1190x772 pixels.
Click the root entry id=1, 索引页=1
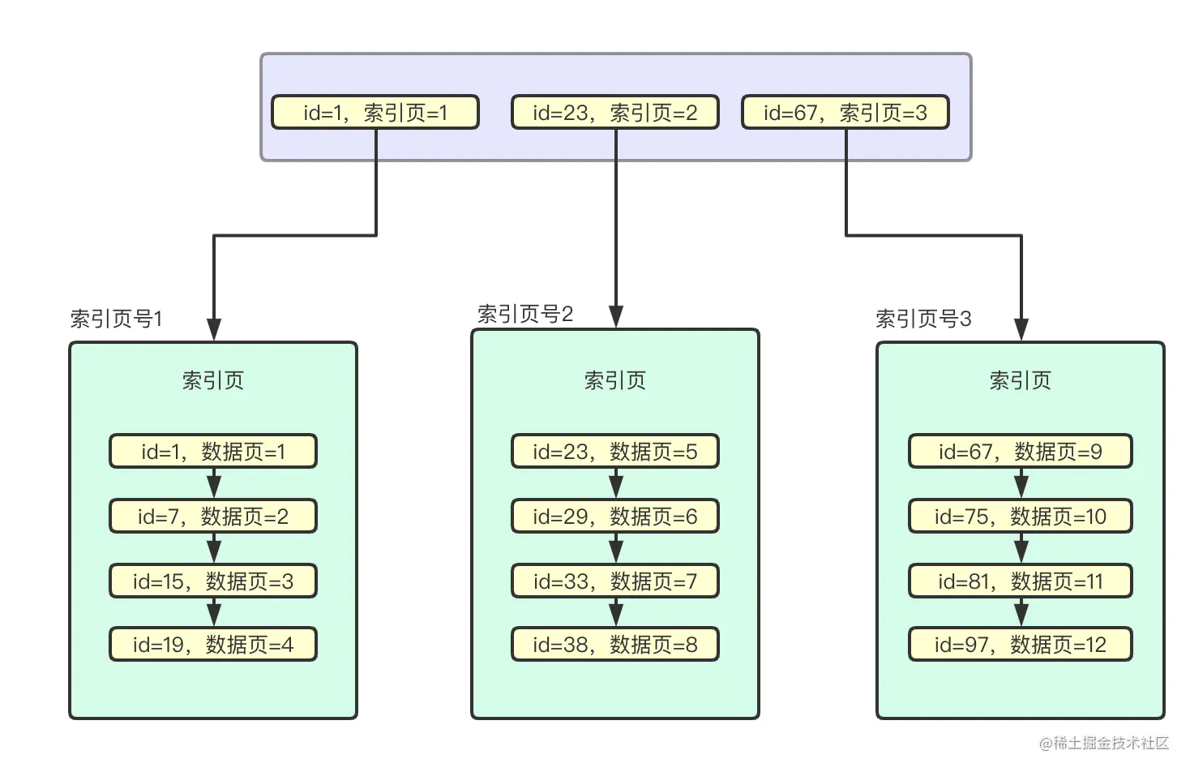coord(375,113)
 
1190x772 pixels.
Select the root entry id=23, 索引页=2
coord(614,113)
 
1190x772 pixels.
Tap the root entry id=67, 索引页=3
coord(845,113)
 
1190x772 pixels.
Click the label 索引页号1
coord(116,319)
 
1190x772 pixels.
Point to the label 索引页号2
coord(524,314)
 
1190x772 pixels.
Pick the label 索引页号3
coord(922,319)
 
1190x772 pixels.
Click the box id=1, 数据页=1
coord(213,452)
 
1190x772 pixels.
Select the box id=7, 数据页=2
coord(213,517)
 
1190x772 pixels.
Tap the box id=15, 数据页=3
coord(213,581)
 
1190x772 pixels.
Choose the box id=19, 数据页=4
coord(213,645)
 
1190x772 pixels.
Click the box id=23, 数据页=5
coord(614,452)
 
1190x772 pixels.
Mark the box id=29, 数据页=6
coord(614,517)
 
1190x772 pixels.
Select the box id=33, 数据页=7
coord(614,581)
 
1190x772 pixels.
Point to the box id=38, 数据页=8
coord(614,645)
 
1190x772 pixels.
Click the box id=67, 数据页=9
coord(1020,452)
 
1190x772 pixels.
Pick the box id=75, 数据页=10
coord(1020,517)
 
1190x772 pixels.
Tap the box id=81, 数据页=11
coord(1020,581)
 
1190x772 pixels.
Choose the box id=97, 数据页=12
coord(1020,645)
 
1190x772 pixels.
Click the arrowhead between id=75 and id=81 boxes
coord(1021,553)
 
